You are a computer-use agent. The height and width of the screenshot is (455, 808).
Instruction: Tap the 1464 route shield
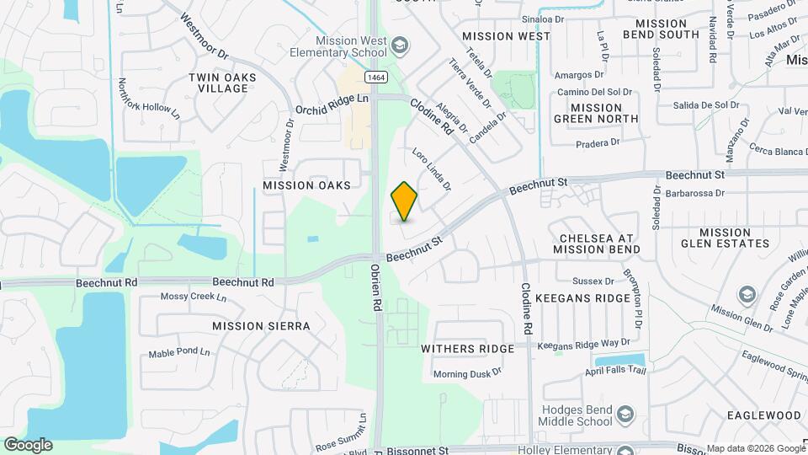coord(376,77)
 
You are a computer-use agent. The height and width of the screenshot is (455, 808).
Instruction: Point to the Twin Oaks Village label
coord(222,83)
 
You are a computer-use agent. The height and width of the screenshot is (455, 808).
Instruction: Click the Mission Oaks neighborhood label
coord(306,185)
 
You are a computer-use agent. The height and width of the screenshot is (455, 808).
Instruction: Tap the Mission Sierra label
coord(261,326)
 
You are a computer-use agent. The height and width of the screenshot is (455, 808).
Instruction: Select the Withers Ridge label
coord(467,349)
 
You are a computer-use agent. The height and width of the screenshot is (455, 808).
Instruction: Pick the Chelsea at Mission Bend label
coord(597,242)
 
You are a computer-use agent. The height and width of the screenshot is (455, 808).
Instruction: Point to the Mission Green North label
coord(596,113)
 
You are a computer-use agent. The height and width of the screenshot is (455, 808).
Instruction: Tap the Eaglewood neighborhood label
coord(764,415)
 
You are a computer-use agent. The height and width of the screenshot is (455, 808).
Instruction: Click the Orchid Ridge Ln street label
coord(332,104)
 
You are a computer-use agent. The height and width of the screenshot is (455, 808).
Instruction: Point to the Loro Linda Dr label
coord(432,169)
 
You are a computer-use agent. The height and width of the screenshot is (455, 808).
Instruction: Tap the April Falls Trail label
coord(616,372)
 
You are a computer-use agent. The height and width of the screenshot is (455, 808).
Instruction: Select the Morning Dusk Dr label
coord(467,373)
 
